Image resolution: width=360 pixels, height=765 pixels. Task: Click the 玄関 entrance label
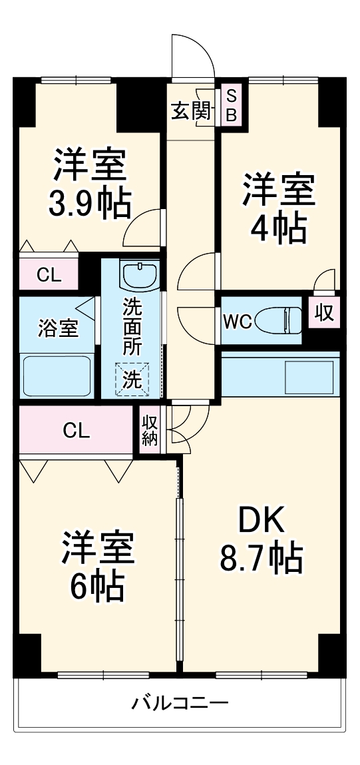pos(192,111)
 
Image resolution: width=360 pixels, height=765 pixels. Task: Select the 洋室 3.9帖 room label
pos(89,185)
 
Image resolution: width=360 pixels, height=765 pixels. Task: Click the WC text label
pos(237,322)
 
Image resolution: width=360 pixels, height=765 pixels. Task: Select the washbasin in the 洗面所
pos(140,274)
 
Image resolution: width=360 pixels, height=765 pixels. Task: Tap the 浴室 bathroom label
pos(57,328)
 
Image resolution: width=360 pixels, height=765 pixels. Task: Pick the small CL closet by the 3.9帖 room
pos(49,274)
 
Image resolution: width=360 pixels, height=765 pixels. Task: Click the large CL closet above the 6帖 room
pos(76,431)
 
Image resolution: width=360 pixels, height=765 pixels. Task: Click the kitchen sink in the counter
pos(311,376)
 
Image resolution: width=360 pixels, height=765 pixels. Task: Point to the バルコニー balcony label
pos(180,702)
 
